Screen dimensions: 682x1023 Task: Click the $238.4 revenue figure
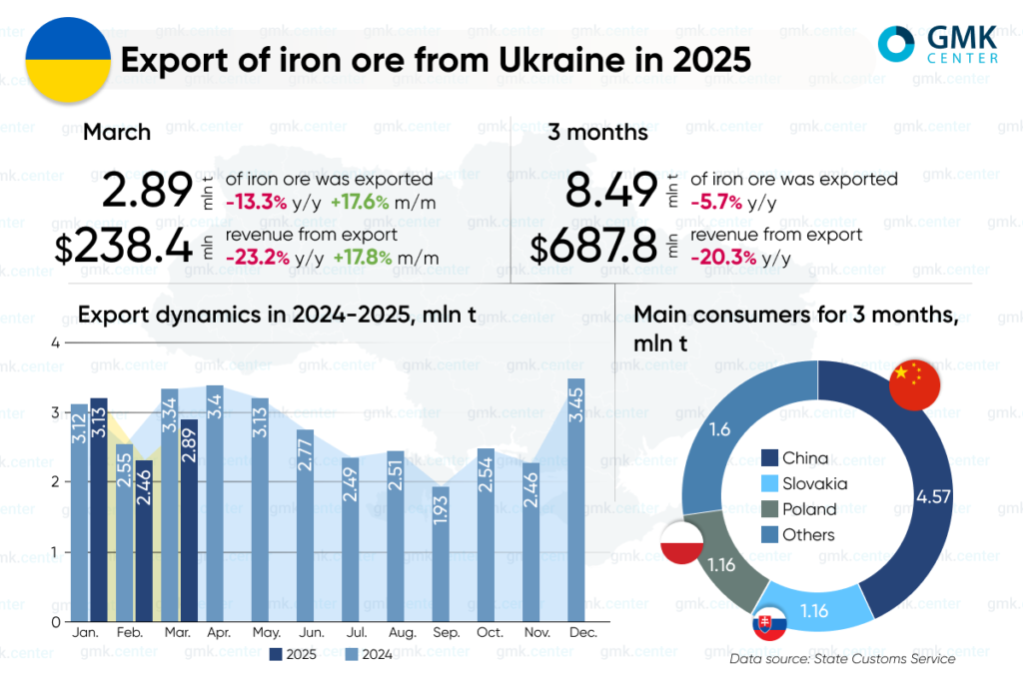pos(124,247)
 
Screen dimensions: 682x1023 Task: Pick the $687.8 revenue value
pos(593,247)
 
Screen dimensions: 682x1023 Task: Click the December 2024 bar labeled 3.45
pos(576,499)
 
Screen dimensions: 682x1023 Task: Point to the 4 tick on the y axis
pos(56,342)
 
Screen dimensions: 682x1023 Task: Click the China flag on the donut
pos(914,383)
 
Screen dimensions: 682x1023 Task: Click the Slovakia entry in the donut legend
pos(804,483)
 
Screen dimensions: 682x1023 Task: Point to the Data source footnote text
pos(842,659)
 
